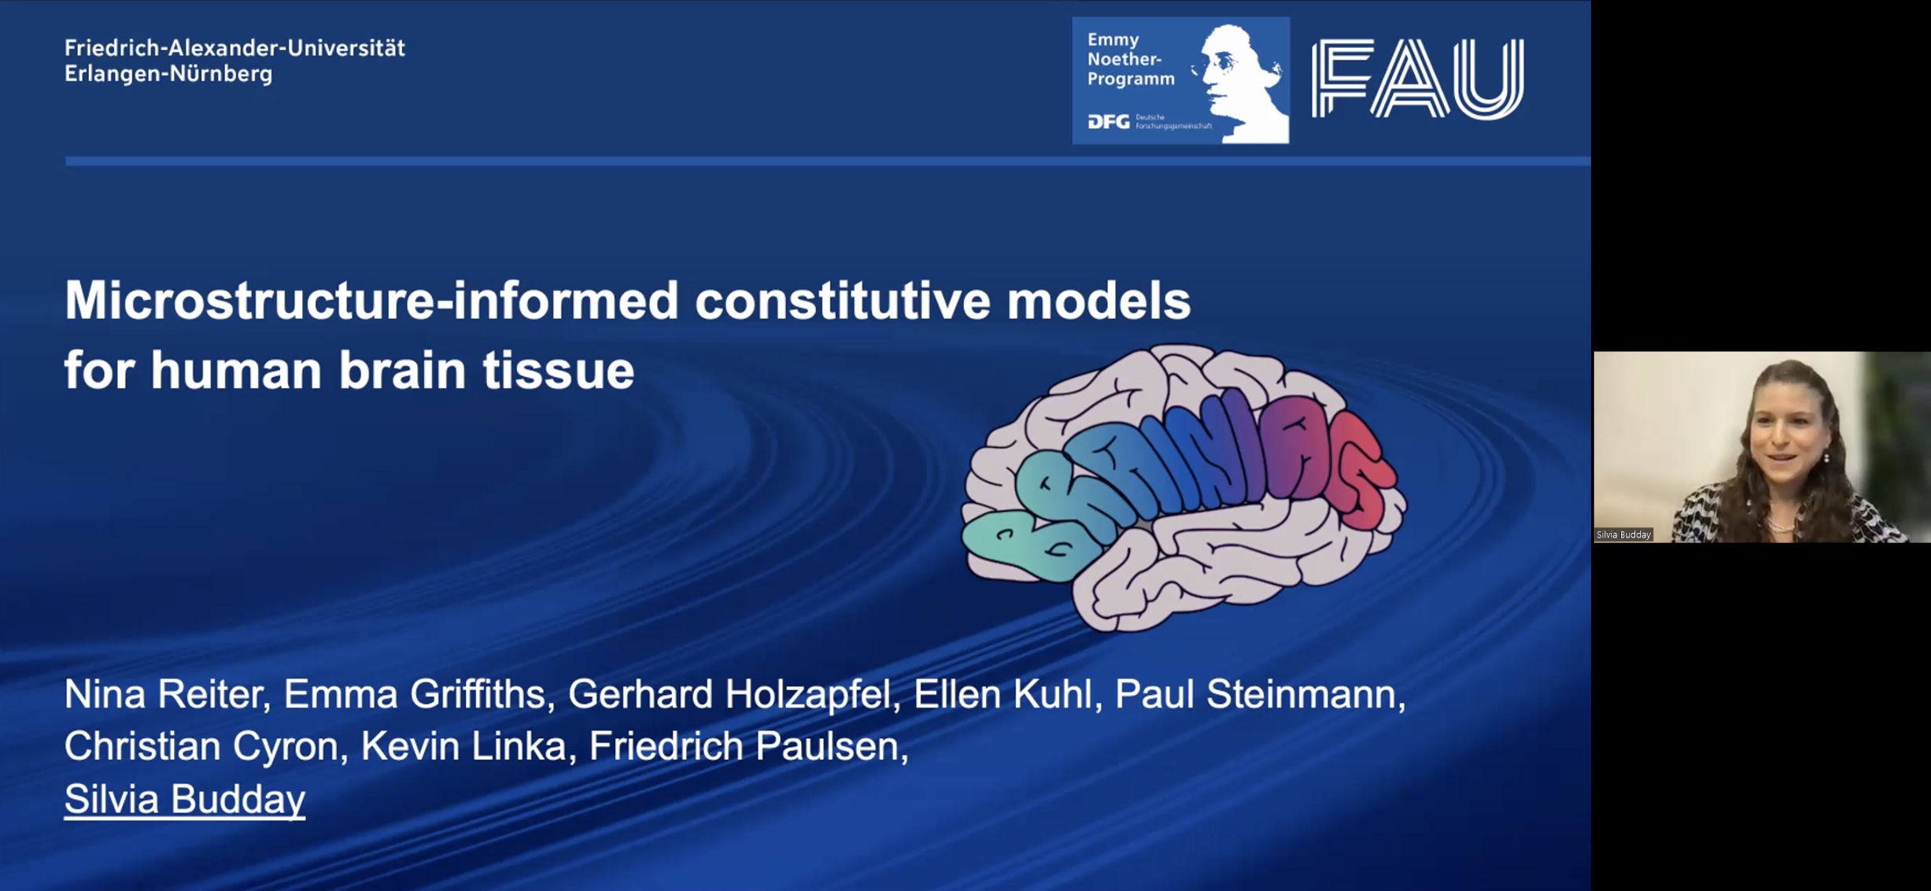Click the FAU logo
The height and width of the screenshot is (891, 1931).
point(1417,79)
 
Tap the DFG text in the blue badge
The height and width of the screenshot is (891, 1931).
point(1108,121)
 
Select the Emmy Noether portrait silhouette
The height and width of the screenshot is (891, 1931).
point(1242,83)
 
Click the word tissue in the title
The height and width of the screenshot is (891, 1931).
point(558,369)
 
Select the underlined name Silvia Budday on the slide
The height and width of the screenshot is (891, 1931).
point(185,798)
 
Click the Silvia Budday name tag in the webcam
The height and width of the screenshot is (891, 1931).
point(1623,535)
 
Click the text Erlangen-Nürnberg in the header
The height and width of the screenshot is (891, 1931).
point(168,75)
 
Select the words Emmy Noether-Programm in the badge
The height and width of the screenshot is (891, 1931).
point(1131,59)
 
